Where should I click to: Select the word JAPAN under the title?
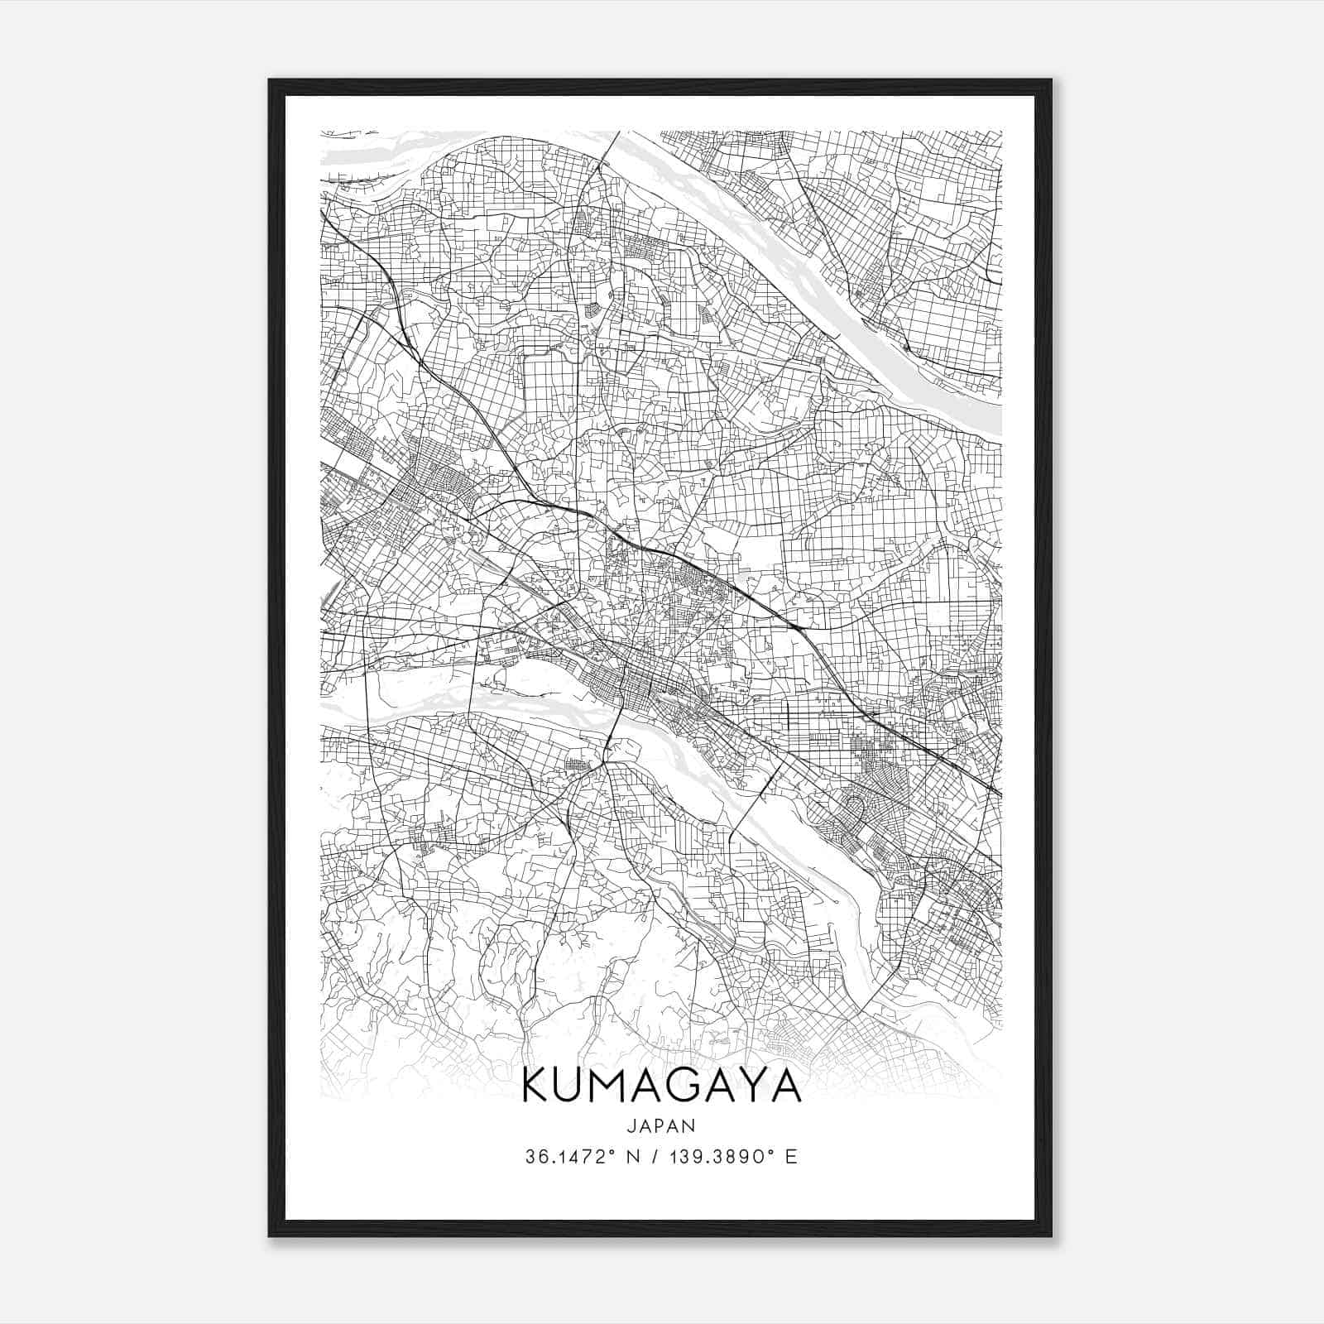click(662, 1125)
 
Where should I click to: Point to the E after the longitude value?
click(792, 1157)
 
